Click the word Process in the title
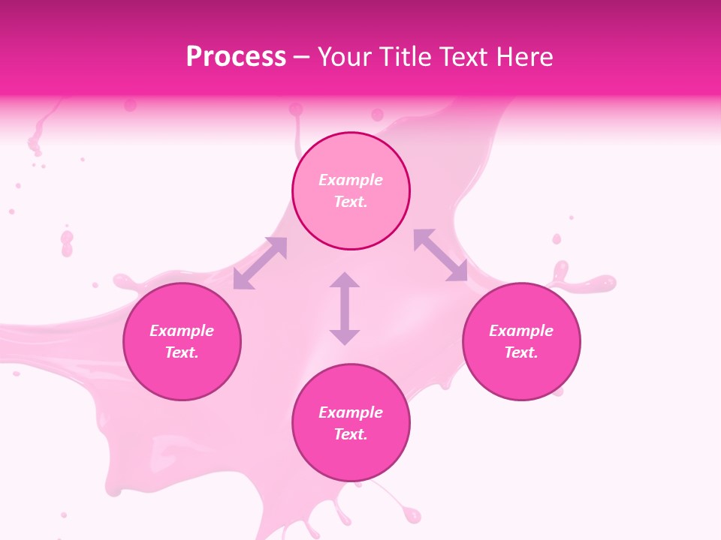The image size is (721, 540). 236,57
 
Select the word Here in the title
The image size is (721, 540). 524,57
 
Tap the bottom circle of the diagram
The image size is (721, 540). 351,457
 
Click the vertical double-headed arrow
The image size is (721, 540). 345,308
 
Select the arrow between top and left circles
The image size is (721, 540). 260,262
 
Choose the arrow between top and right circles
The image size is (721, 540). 441,256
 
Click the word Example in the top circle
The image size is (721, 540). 351,180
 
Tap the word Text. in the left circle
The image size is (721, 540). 182,352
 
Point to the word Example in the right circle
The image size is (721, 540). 521,331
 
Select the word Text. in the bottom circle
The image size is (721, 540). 351,434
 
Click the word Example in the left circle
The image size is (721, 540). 182,331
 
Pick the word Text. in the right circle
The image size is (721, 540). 521,352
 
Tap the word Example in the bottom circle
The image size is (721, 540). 351,412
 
